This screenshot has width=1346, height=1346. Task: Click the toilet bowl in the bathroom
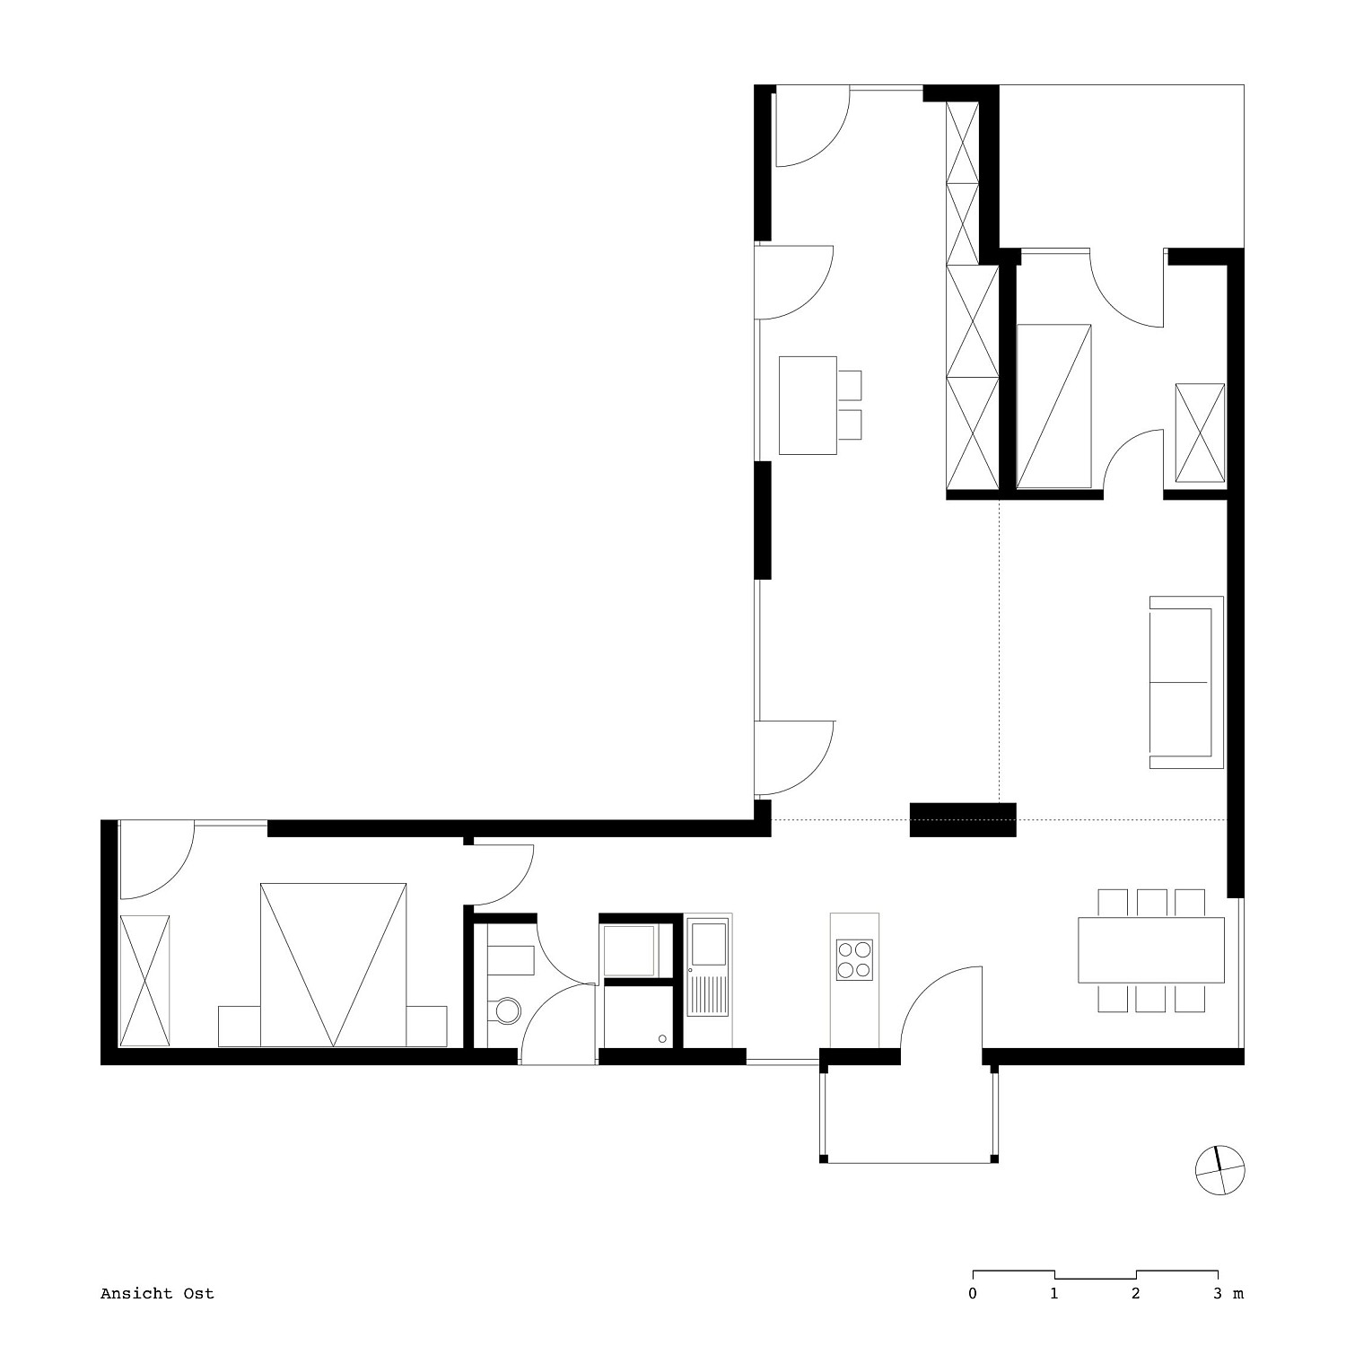[x=504, y=1010]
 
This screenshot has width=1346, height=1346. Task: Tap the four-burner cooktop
[x=854, y=958]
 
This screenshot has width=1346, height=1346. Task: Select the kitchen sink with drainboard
[x=709, y=966]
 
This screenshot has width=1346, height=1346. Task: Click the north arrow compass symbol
[x=1220, y=1170]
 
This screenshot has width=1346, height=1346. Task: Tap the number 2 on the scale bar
[x=1136, y=1293]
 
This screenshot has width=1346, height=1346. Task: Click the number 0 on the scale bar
[x=973, y=1293]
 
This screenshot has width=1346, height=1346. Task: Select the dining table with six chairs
[x=1151, y=950]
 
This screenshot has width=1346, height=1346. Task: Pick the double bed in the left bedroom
[x=333, y=965]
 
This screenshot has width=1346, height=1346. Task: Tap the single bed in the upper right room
[x=1054, y=406]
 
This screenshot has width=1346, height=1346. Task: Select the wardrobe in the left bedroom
[x=144, y=980]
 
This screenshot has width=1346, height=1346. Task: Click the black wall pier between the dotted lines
[x=963, y=819]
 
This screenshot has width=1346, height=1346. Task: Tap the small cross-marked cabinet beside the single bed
[x=1200, y=433]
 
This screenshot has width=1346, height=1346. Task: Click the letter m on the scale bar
[x=1237, y=1294]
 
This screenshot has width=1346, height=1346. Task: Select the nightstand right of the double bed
[x=426, y=1027]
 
